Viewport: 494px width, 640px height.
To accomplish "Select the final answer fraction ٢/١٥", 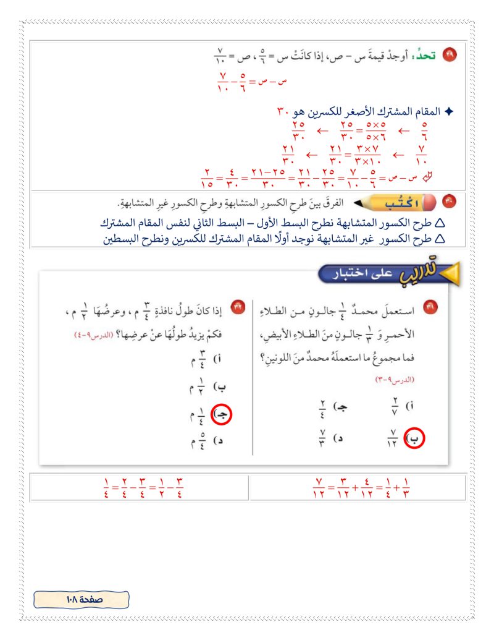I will (206, 177).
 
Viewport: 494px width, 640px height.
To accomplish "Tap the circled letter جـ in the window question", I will (221, 415).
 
